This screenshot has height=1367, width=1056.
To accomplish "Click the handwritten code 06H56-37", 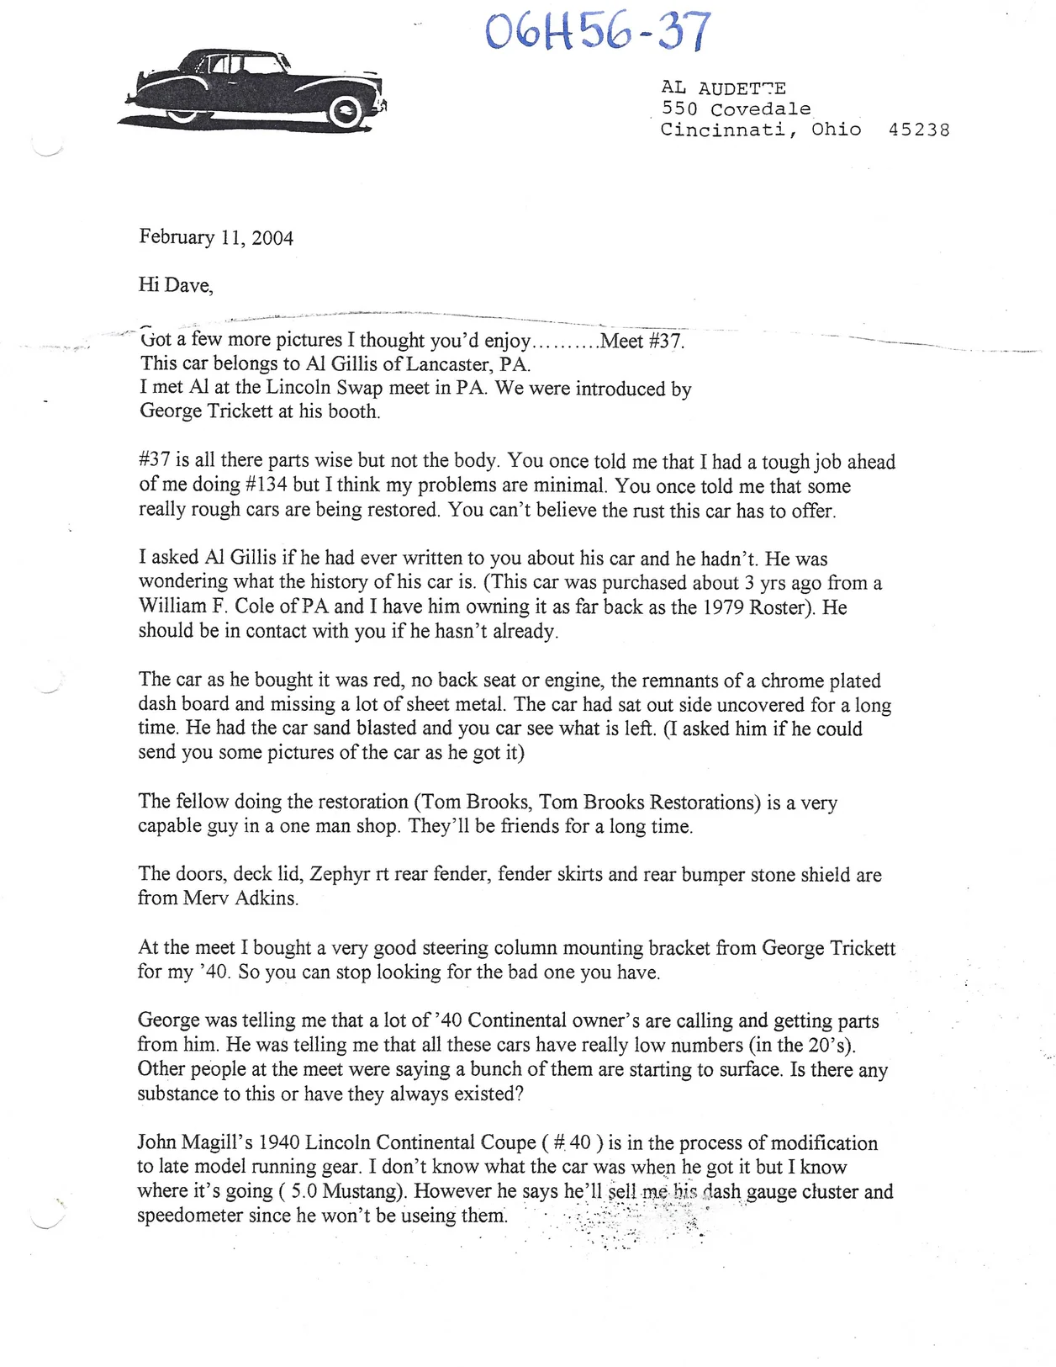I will pos(599,32).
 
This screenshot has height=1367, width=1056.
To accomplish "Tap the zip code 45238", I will pos(919,130).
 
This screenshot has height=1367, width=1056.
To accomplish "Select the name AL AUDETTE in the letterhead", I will pos(723,88).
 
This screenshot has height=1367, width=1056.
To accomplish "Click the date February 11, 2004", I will pos(216,237).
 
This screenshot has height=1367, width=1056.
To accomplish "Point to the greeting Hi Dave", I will pos(176,285).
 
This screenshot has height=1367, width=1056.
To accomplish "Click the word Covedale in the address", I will pos(760,109).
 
